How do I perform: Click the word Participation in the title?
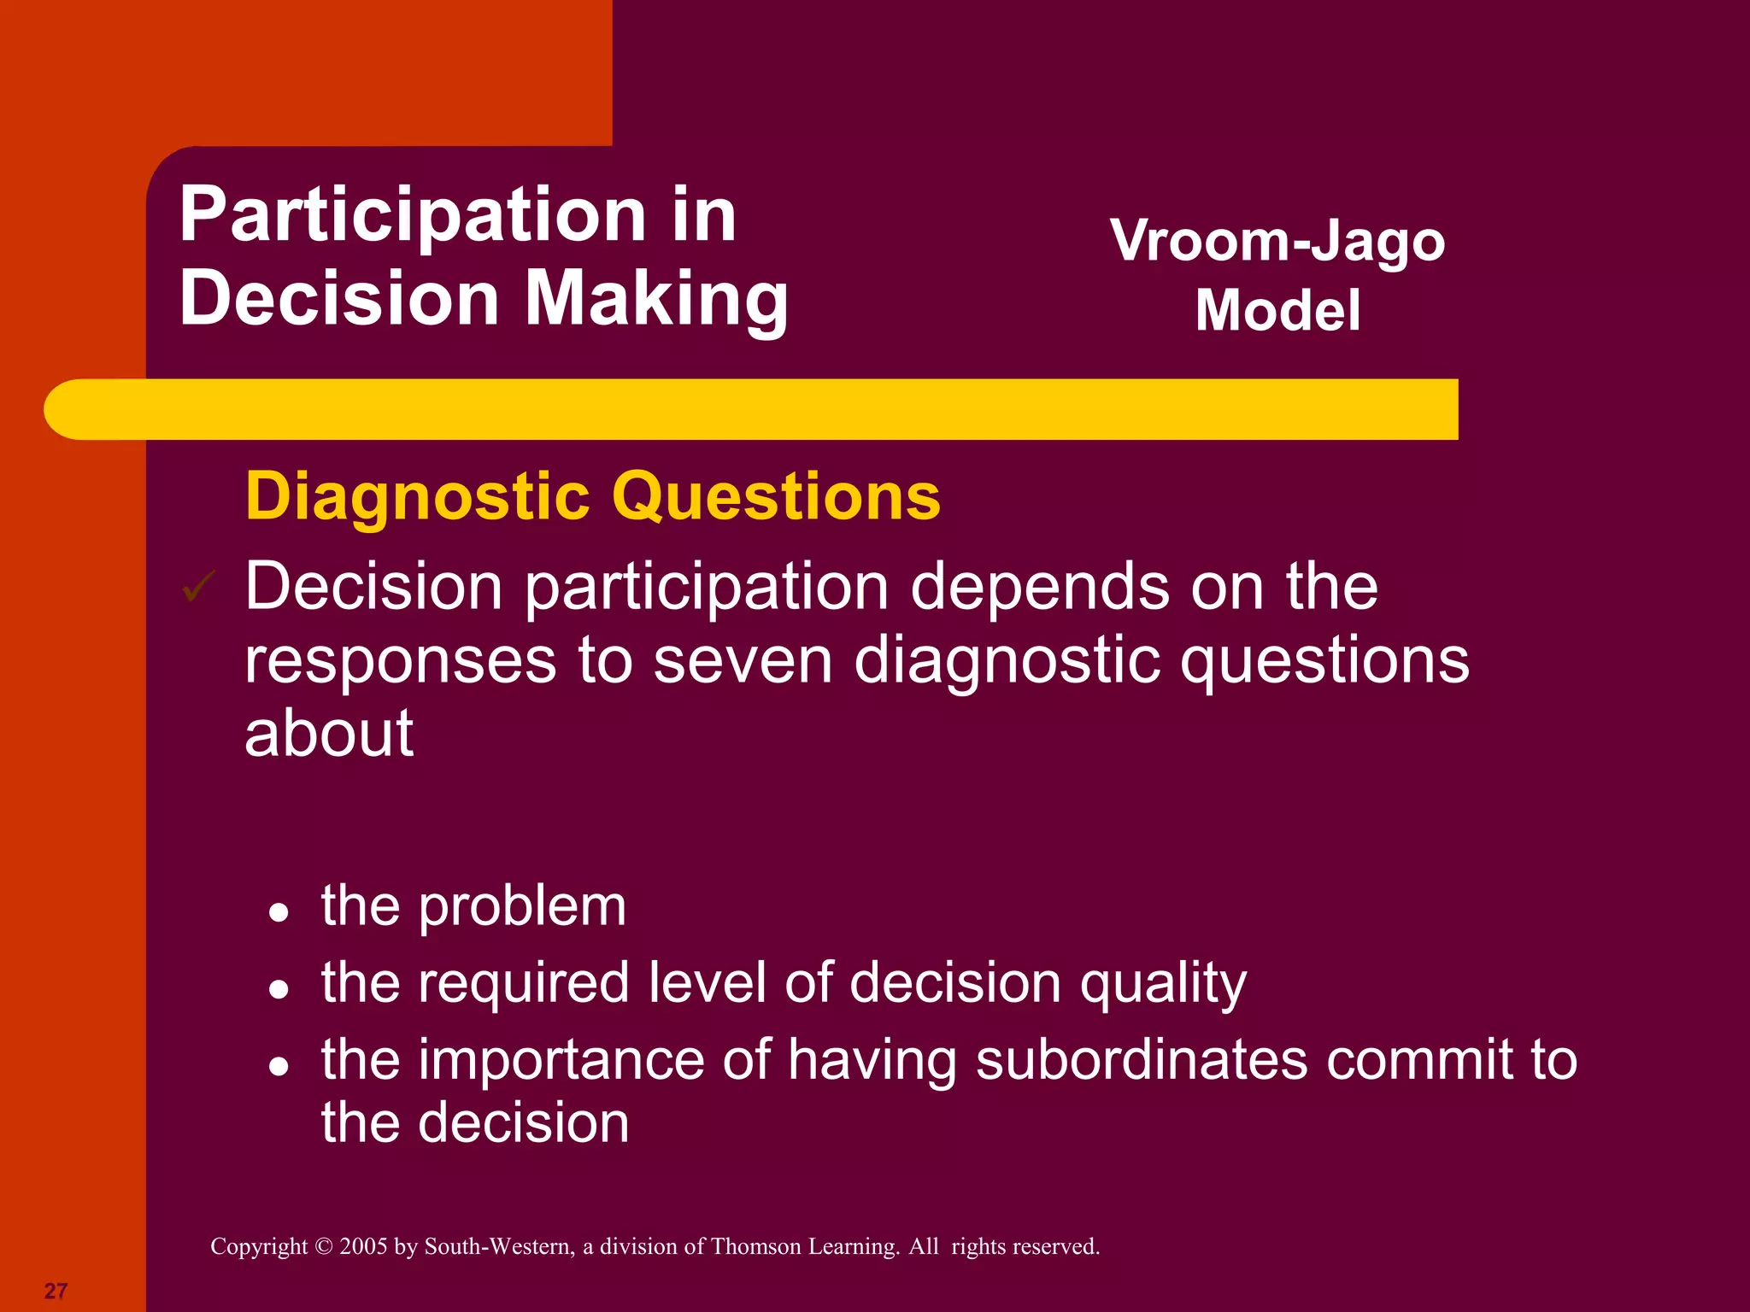[x=413, y=217]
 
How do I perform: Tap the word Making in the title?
[x=655, y=299]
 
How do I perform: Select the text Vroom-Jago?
[x=1277, y=243]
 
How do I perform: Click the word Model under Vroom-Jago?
[x=1277, y=310]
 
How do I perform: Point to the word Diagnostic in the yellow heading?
[x=417, y=496]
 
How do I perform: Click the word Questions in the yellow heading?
[x=777, y=496]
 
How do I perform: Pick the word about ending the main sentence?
[x=329, y=734]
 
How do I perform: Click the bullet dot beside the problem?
[x=278, y=913]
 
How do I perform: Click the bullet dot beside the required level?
[x=278, y=990]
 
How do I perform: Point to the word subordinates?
[x=1142, y=1060]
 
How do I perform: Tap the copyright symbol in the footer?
[x=323, y=1247]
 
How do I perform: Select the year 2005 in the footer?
[x=363, y=1247]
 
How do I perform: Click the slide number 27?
[x=56, y=1291]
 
